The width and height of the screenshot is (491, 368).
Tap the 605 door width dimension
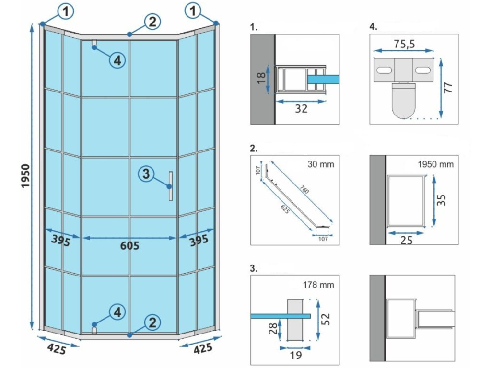point(129,246)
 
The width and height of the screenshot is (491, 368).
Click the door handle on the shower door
point(170,185)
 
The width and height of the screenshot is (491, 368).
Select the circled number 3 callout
point(147,173)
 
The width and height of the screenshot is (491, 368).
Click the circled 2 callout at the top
point(152,21)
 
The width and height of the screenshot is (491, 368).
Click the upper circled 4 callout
point(117,60)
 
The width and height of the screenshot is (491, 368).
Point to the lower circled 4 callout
point(117,312)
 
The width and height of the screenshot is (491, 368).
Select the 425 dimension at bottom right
point(203,348)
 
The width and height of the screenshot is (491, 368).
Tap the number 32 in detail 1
point(301,109)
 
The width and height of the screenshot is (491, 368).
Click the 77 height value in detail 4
point(448,88)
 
